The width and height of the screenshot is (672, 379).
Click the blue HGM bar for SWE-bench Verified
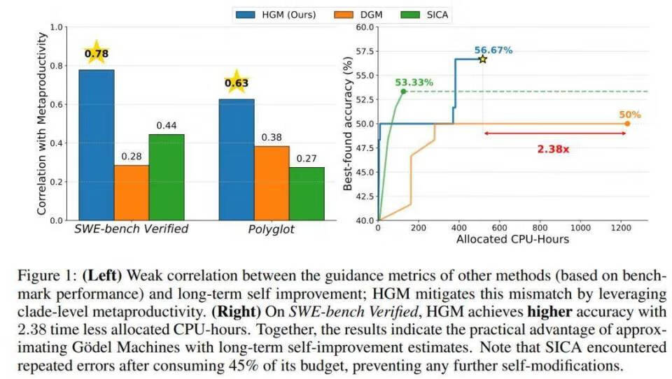coord(97,145)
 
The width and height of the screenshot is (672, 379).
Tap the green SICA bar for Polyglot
coord(307,193)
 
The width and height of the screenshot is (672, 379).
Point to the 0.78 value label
coord(97,54)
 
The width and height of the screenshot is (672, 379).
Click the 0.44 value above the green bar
coord(167,125)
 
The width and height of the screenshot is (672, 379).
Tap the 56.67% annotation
coord(493,50)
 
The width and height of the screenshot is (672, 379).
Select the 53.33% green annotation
coord(414,82)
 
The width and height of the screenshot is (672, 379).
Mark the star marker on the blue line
coord(482,59)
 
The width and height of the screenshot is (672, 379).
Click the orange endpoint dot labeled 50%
coord(626,124)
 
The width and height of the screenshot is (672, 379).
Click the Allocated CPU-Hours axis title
coord(512,240)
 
